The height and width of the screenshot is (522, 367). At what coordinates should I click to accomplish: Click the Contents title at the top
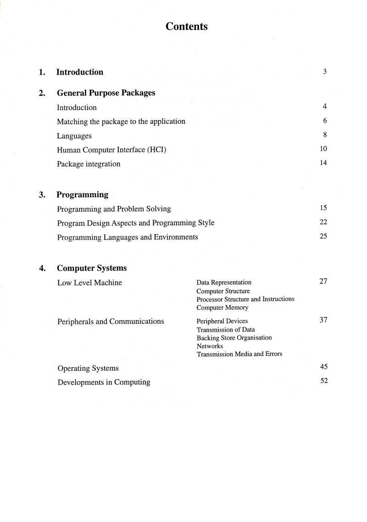[x=187, y=27]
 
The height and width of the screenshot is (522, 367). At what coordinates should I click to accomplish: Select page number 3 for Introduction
[x=324, y=72]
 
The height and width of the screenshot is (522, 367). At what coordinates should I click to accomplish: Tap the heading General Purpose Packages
[x=106, y=93]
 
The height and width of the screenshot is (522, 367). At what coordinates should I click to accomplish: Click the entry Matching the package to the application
[x=121, y=122]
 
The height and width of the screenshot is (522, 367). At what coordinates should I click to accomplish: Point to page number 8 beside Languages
[x=324, y=135]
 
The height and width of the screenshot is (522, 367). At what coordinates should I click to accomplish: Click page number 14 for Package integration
[x=323, y=163]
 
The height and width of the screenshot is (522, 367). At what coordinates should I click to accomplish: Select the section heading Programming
[x=83, y=195]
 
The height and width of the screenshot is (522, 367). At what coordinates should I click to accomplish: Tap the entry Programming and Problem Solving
[x=114, y=209]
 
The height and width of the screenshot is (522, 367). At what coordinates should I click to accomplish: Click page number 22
[x=323, y=222]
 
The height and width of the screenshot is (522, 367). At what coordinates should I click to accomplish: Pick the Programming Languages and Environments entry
[x=128, y=237]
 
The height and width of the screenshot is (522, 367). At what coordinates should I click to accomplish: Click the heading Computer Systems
[x=92, y=268]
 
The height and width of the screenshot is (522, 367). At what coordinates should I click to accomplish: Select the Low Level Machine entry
[x=89, y=283]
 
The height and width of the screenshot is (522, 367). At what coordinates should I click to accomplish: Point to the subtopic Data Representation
[x=224, y=283]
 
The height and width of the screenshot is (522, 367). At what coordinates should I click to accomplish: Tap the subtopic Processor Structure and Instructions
[x=245, y=299]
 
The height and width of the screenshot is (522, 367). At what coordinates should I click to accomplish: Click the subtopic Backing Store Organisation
[x=234, y=338]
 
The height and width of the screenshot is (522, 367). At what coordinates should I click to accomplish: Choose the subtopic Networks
[x=210, y=346]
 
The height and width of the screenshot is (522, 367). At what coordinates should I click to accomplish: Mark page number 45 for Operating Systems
[x=323, y=367]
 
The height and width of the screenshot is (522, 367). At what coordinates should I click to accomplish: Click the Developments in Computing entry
[x=104, y=382]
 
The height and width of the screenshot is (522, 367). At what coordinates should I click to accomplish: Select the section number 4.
[x=42, y=268]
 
